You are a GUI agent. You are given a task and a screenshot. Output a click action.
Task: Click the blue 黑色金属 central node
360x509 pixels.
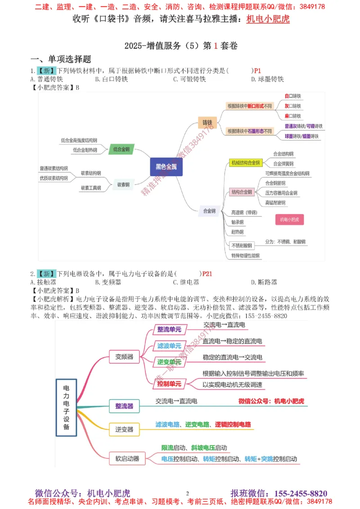click(x=167, y=166)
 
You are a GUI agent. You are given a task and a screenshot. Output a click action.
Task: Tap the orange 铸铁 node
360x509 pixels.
click(x=207, y=122)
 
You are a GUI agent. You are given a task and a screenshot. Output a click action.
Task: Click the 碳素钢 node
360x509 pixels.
click(x=123, y=184)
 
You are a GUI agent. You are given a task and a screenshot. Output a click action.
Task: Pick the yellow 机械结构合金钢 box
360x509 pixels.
click(x=246, y=163)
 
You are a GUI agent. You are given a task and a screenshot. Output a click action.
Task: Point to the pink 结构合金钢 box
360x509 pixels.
click(x=242, y=192)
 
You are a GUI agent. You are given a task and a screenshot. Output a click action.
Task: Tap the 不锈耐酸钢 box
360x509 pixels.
click(x=242, y=246)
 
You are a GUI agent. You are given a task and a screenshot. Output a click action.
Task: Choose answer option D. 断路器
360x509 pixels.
click(x=264, y=282)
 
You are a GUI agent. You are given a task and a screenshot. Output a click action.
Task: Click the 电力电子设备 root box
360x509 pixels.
click(x=66, y=408)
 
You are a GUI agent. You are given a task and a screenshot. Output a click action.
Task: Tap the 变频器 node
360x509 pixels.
click(x=124, y=357)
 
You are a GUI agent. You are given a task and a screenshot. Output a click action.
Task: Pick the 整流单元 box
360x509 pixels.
click(x=169, y=330)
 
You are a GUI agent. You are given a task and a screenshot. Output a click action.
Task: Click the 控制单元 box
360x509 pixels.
click(x=169, y=384)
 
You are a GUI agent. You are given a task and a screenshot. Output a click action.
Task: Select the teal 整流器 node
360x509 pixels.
click(x=124, y=406)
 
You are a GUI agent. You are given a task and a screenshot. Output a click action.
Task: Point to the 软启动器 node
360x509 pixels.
click(x=124, y=459)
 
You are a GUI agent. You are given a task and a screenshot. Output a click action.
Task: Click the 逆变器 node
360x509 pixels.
click(x=124, y=429)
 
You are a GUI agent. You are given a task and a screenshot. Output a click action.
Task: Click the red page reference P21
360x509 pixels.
click(x=207, y=273)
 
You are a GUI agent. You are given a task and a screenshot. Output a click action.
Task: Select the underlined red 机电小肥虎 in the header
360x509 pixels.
click(x=268, y=19)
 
